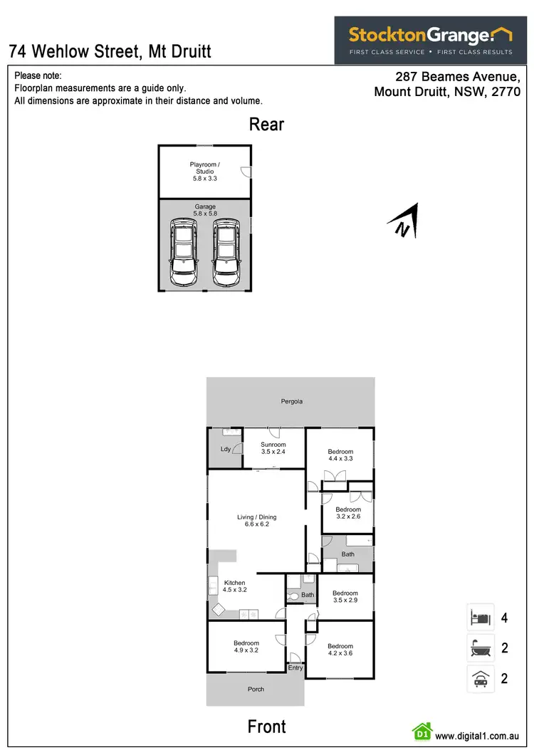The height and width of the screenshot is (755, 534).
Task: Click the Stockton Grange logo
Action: click(430, 40)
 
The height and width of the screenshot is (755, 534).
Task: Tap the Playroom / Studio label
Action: click(204, 171)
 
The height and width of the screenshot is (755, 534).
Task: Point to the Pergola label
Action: click(291, 401)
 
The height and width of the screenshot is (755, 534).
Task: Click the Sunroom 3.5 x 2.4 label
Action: click(273, 448)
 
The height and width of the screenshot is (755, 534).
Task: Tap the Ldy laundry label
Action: click(225, 449)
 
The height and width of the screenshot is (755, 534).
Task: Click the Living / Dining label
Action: click(256, 521)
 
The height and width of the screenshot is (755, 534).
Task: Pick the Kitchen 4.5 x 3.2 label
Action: click(234, 586)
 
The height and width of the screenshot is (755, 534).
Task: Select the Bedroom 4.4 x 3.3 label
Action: click(340, 455)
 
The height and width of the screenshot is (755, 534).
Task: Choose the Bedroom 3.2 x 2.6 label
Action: click(348, 513)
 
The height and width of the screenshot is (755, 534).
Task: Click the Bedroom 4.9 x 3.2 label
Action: click(246, 647)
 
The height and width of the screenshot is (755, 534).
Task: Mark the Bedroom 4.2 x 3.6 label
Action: click(340, 650)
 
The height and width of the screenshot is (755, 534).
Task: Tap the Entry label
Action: click(295, 668)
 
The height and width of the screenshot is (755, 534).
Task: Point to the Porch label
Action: click(256, 690)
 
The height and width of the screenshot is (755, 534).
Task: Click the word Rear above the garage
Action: click(266, 125)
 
